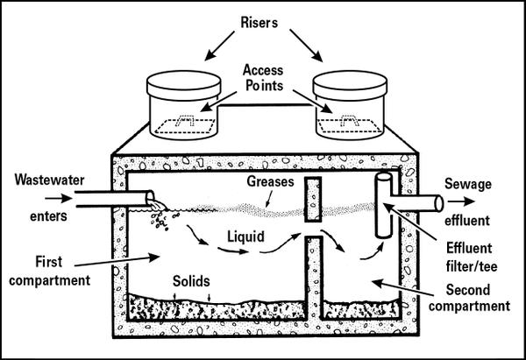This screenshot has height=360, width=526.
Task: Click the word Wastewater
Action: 45,181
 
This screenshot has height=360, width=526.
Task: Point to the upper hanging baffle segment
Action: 312,200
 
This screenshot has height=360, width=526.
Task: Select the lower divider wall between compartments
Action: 312,280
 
